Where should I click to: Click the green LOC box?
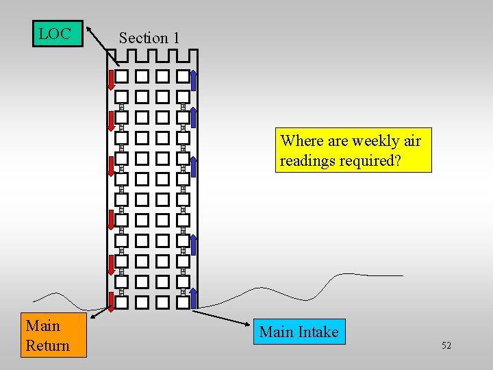58,34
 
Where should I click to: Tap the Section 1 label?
149,38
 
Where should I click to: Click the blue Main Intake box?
299,332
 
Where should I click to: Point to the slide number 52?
446,345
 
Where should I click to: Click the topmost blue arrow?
194,80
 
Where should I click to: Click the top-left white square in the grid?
121,76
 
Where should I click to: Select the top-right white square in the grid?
183,76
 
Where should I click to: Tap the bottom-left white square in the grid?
121,302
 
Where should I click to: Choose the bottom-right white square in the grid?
183,302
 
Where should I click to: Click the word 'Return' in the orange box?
47,345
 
